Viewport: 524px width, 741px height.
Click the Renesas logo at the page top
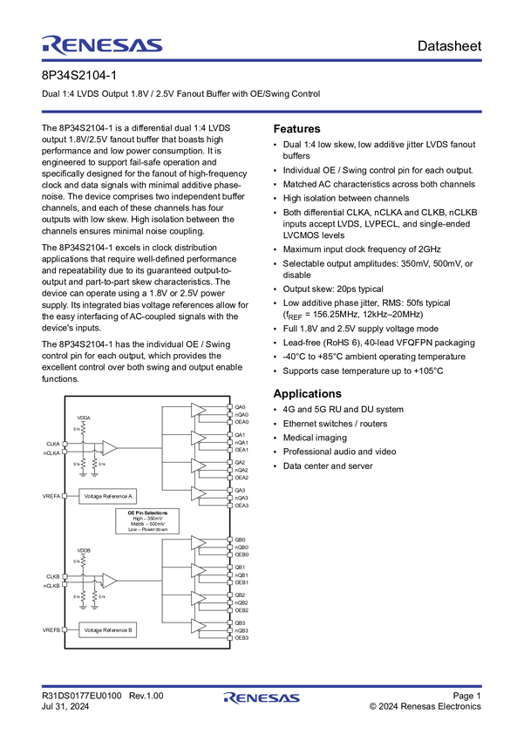click(101, 44)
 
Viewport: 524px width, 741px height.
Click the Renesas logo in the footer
click(262, 698)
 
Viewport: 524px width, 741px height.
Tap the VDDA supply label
click(84, 418)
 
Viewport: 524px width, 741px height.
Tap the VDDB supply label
click(84, 551)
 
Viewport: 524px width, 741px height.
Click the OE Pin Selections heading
click(147, 513)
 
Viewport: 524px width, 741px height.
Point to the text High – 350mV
click(147, 519)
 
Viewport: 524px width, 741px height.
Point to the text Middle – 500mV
click(147, 524)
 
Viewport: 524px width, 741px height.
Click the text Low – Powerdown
click(147, 530)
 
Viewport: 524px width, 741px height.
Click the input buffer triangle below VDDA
click(109, 447)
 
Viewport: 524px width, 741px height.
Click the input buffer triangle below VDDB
click(109, 580)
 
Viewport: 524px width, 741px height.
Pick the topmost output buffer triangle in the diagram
click(198, 409)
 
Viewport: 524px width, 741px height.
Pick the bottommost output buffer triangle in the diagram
click(198, 626)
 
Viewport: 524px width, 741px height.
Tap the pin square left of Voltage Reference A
click(63, 496)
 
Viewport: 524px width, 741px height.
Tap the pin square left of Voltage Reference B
click(63, 629)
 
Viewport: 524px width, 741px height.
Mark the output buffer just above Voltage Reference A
click(198, 493)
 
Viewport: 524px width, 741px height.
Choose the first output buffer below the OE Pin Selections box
click(198, 542)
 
